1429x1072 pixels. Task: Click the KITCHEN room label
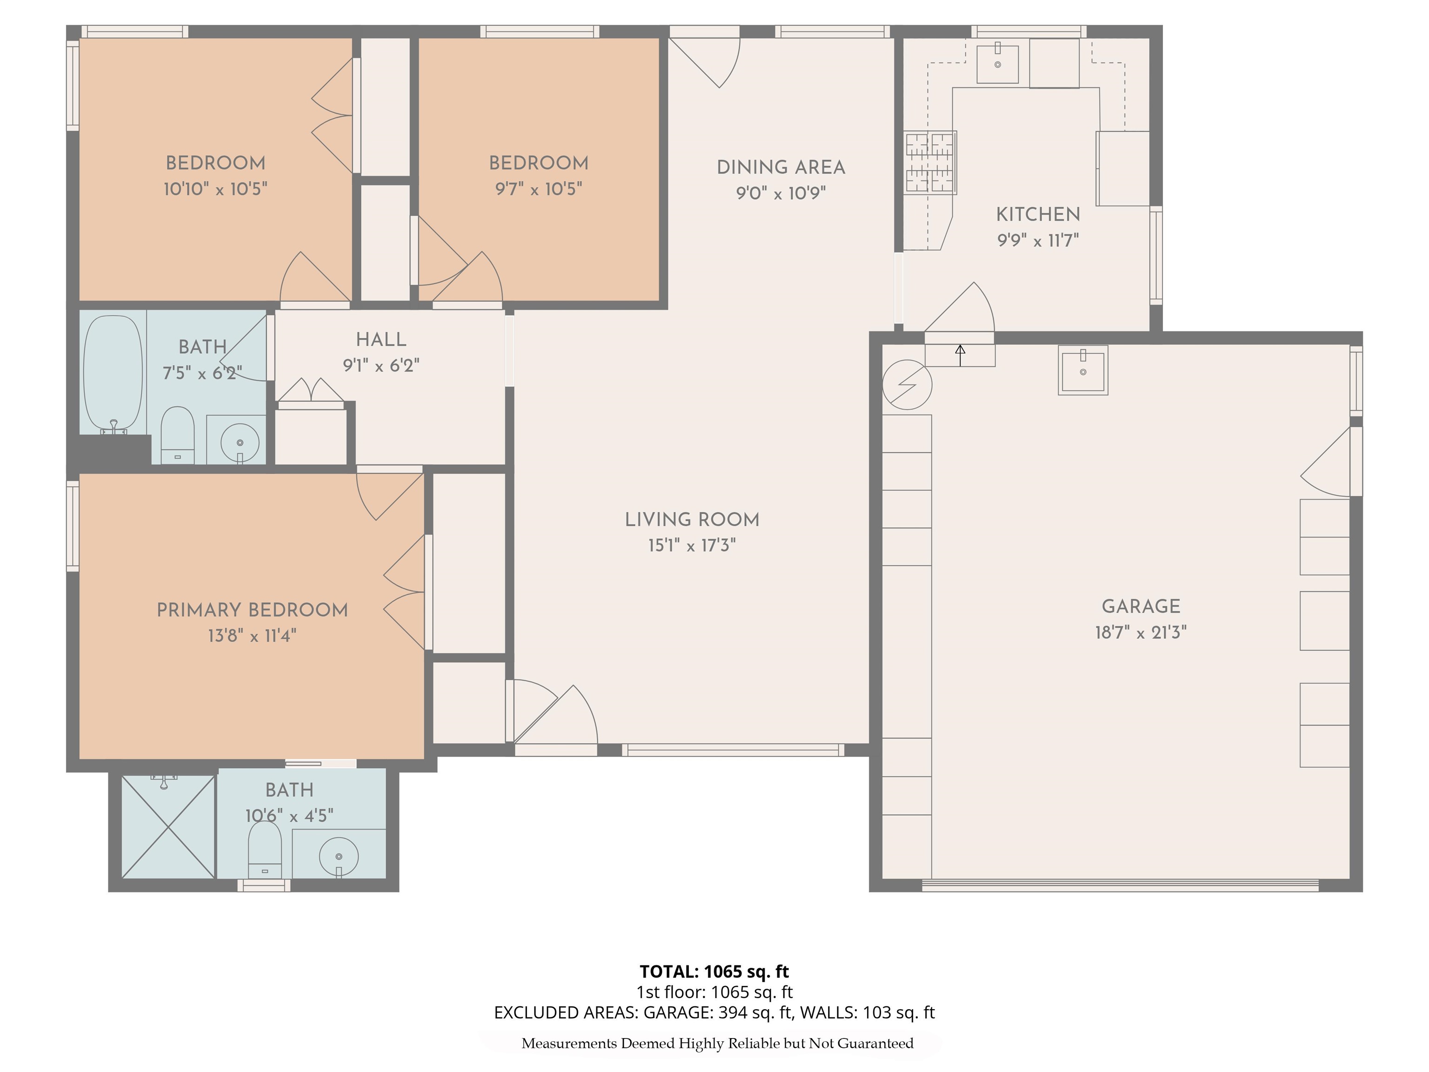click(x=1037, y=214)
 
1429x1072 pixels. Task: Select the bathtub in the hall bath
click(x=113, y=374)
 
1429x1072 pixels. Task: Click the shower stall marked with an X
click(x=168, y=826)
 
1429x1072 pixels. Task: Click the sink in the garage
click(x=1083, y=370)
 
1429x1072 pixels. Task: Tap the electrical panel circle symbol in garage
click(x=907, y=384)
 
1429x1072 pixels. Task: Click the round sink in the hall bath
click(x=240, y=442)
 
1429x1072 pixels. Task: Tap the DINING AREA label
click(x=781, y=167)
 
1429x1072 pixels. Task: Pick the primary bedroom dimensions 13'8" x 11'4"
click(x=252, y=636)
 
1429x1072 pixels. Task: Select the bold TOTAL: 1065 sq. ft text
click(x=714, y=971)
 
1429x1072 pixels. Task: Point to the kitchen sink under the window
click(x=997, y=64)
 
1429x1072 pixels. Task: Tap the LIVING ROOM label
click(x=692, y=520)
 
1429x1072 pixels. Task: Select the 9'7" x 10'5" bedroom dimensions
click(x=538, y=189)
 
